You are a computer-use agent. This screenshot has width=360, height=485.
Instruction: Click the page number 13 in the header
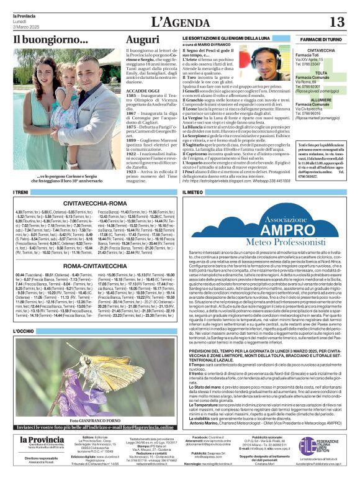(336, 22)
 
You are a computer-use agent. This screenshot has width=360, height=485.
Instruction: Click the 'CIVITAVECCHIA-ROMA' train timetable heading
(96, 203)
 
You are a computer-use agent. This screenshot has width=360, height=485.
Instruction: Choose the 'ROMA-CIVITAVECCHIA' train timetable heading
(96, 265)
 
